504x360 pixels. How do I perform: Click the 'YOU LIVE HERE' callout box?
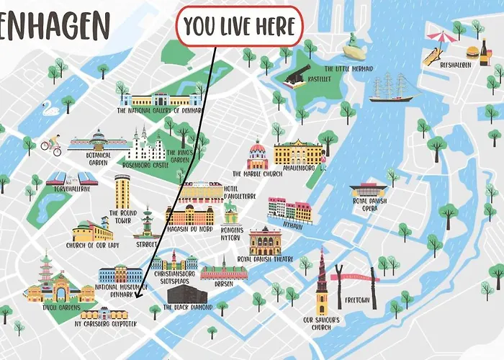coord(239,27)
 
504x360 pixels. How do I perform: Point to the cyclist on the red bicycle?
coord(50,145)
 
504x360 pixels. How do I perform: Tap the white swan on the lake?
coord(50,109)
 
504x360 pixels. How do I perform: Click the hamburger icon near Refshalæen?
coord(473,51)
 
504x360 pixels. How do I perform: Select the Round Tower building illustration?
coord(122,192)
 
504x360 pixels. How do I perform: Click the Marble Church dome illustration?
coord(257,156)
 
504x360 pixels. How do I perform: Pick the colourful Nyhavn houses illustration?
coord(289,210)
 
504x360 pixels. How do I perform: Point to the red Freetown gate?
coord(354,276)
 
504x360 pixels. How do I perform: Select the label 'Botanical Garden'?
coord(99,158)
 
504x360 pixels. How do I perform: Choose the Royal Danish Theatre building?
coord(265,241)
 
